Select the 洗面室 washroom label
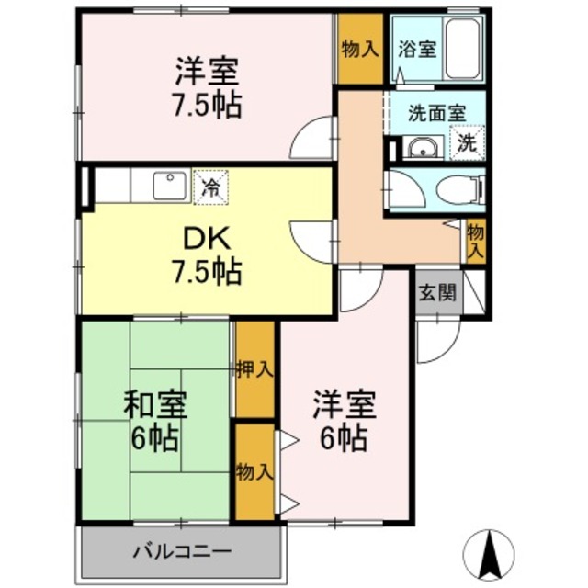pos(436,113)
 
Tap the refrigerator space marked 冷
pos(210,187)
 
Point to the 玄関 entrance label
pos(437,294)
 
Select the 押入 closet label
pos(254,369)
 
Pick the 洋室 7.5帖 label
pos(208,87)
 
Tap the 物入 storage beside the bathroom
pos(359,48)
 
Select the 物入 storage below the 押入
pos(254,472)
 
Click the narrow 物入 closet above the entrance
pos(475,240)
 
